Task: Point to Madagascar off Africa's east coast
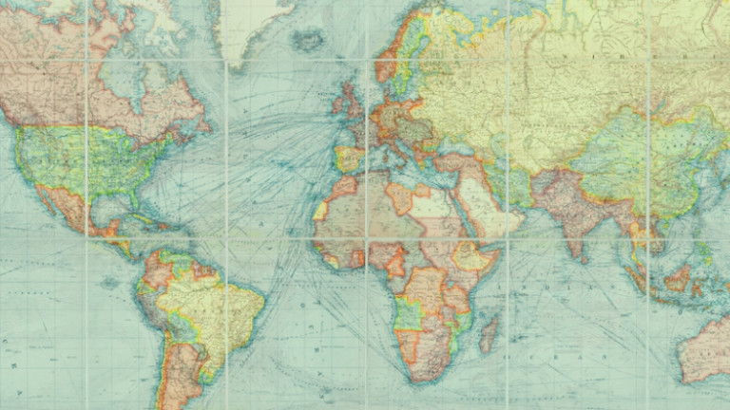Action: pyautogui.click(x=489, y=334)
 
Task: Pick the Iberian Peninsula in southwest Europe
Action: pyautogui.click(x=347, y=155)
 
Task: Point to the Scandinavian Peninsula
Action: pyautogui.click(x=399, y=57)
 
